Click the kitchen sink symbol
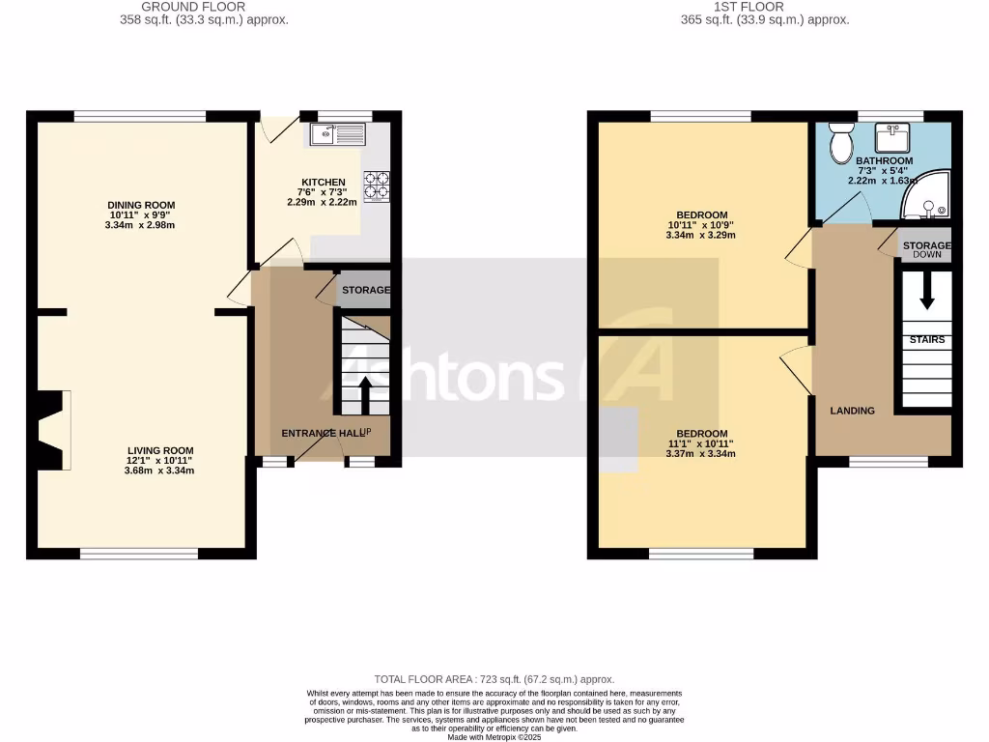pos(337,134)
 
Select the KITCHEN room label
pos(323,182)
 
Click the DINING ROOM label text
pos(141,205)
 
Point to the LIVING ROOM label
pos(160,450)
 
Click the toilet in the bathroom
pos(839,146)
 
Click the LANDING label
pos(853,411)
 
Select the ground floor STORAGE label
pos(365,290)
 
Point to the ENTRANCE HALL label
pos(322,433)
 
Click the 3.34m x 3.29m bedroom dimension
pos(701,235)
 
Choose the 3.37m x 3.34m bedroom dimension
pos(701,454)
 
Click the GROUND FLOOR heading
pos(193,7)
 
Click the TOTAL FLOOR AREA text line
pos(494,679)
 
